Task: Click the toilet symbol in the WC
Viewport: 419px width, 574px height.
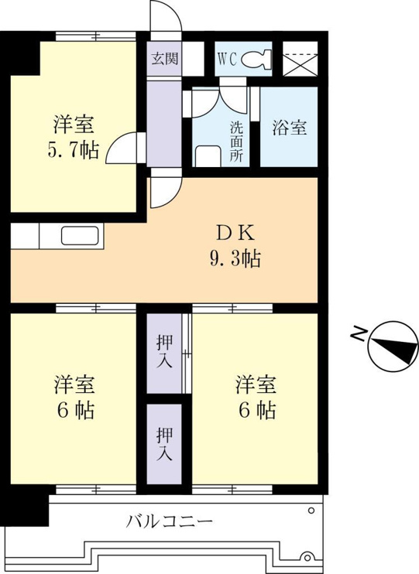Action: coord(256,60)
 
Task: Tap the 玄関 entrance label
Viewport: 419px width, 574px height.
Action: coord(165,59)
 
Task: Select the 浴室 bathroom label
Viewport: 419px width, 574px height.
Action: coord(290,128)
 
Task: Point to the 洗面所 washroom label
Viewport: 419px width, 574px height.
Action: coord(236,142)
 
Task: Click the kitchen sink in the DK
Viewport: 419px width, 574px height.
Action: coord(80,236)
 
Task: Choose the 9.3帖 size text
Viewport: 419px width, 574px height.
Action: coord(235,259)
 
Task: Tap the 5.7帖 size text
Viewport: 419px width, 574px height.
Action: coord(73,150)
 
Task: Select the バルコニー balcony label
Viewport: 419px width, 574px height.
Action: coord(169,521)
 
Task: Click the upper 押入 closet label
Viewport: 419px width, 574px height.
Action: coord(164,352)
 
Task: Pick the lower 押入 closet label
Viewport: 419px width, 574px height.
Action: coord(164,444)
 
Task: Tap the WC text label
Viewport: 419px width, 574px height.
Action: coord(227,60)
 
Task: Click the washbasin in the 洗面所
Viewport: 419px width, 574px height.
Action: coord(208,156)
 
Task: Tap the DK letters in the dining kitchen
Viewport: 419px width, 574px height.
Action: coord(235,233)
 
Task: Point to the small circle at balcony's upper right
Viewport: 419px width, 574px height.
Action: coord(311,510)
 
